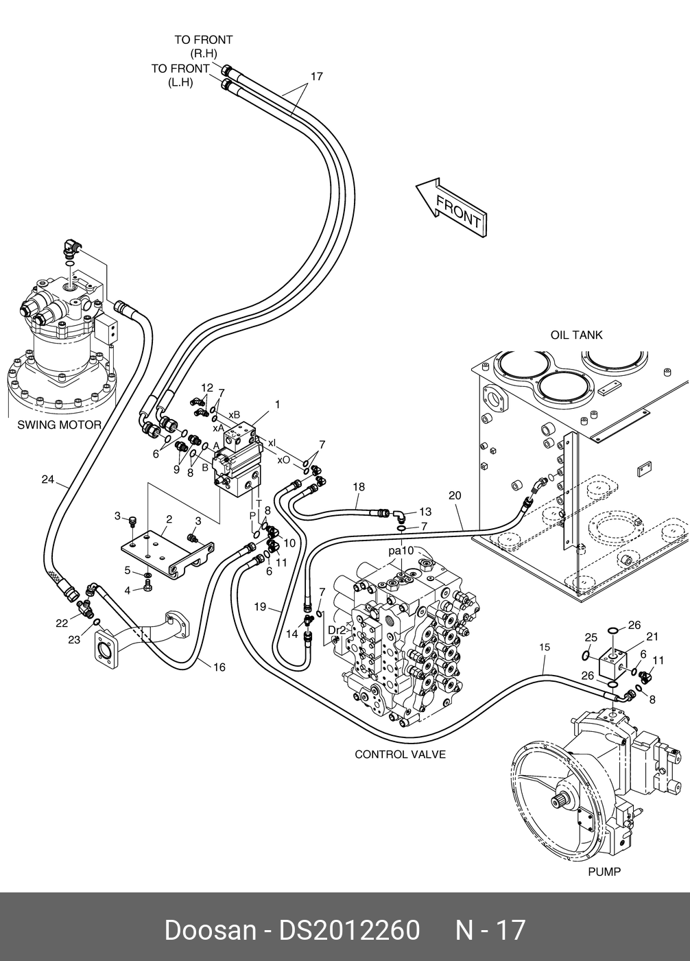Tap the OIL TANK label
576,335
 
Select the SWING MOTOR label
59,425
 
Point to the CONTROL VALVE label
400,755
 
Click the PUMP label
604,872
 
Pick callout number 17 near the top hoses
316,77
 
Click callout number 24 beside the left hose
47,479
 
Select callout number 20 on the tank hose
455,495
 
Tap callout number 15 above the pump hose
544,647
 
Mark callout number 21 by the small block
652,637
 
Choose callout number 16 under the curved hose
219,667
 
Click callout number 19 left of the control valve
260,606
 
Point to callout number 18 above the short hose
359,487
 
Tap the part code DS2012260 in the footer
348,931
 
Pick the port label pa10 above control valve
401,551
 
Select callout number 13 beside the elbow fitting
425,512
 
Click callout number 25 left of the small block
591,637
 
